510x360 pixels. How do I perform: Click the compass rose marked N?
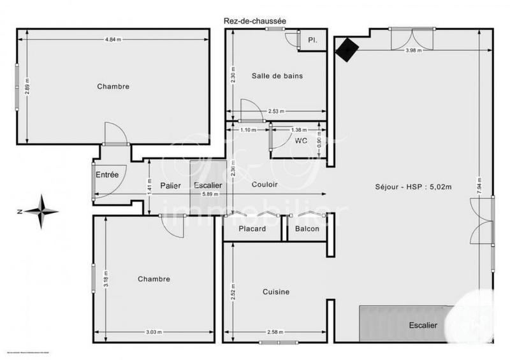point(41,211)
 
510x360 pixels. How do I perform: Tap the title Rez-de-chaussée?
point(254,20)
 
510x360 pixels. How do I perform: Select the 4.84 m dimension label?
point(112,39)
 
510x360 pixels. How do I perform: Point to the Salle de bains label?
point(277,75)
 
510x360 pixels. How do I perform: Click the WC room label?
point(299,140)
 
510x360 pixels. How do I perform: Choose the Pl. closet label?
point(313,40)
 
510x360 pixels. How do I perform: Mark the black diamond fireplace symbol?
point(347,49)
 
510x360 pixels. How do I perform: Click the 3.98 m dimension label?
point(413,50)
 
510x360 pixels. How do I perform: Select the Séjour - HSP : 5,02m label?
point(414,187)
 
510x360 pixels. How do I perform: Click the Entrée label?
point(107,175)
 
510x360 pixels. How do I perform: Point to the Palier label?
point(170,185)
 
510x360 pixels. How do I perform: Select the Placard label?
point(252,229)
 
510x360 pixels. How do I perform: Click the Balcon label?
point(307,229)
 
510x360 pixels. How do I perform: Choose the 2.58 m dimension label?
point(276,332)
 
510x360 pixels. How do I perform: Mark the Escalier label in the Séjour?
point(423,326)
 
